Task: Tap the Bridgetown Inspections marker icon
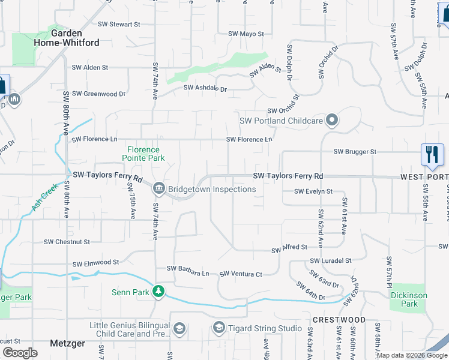pyautogui.click(x=159, y=189)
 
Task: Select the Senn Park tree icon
pyautogui.click(x=158, y=292)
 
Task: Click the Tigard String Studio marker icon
pyautogui.click(x=219, y=328)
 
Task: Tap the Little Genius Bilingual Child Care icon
pyautogui.click(x=179, y=329)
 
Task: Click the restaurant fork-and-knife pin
pyautogui.click(x=432, y=154)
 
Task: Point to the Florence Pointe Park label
pyautogui.click(x=143, y=154)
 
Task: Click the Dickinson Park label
pyautogui.click(x=409, y=299)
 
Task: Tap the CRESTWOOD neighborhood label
pyautogui.click(x=339, y=320)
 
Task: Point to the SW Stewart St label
pyautogui.click(x=112, y=25)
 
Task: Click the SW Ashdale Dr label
pyautogui.click(x=205, y=88)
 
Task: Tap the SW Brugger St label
pyautogui.click(x=355, y=152)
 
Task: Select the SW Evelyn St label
pyautogui.click(x=313, y=191)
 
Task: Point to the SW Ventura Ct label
pyautogui.click(x=241, y=274)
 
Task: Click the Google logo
pyautogui.click(x=20, y=353)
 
